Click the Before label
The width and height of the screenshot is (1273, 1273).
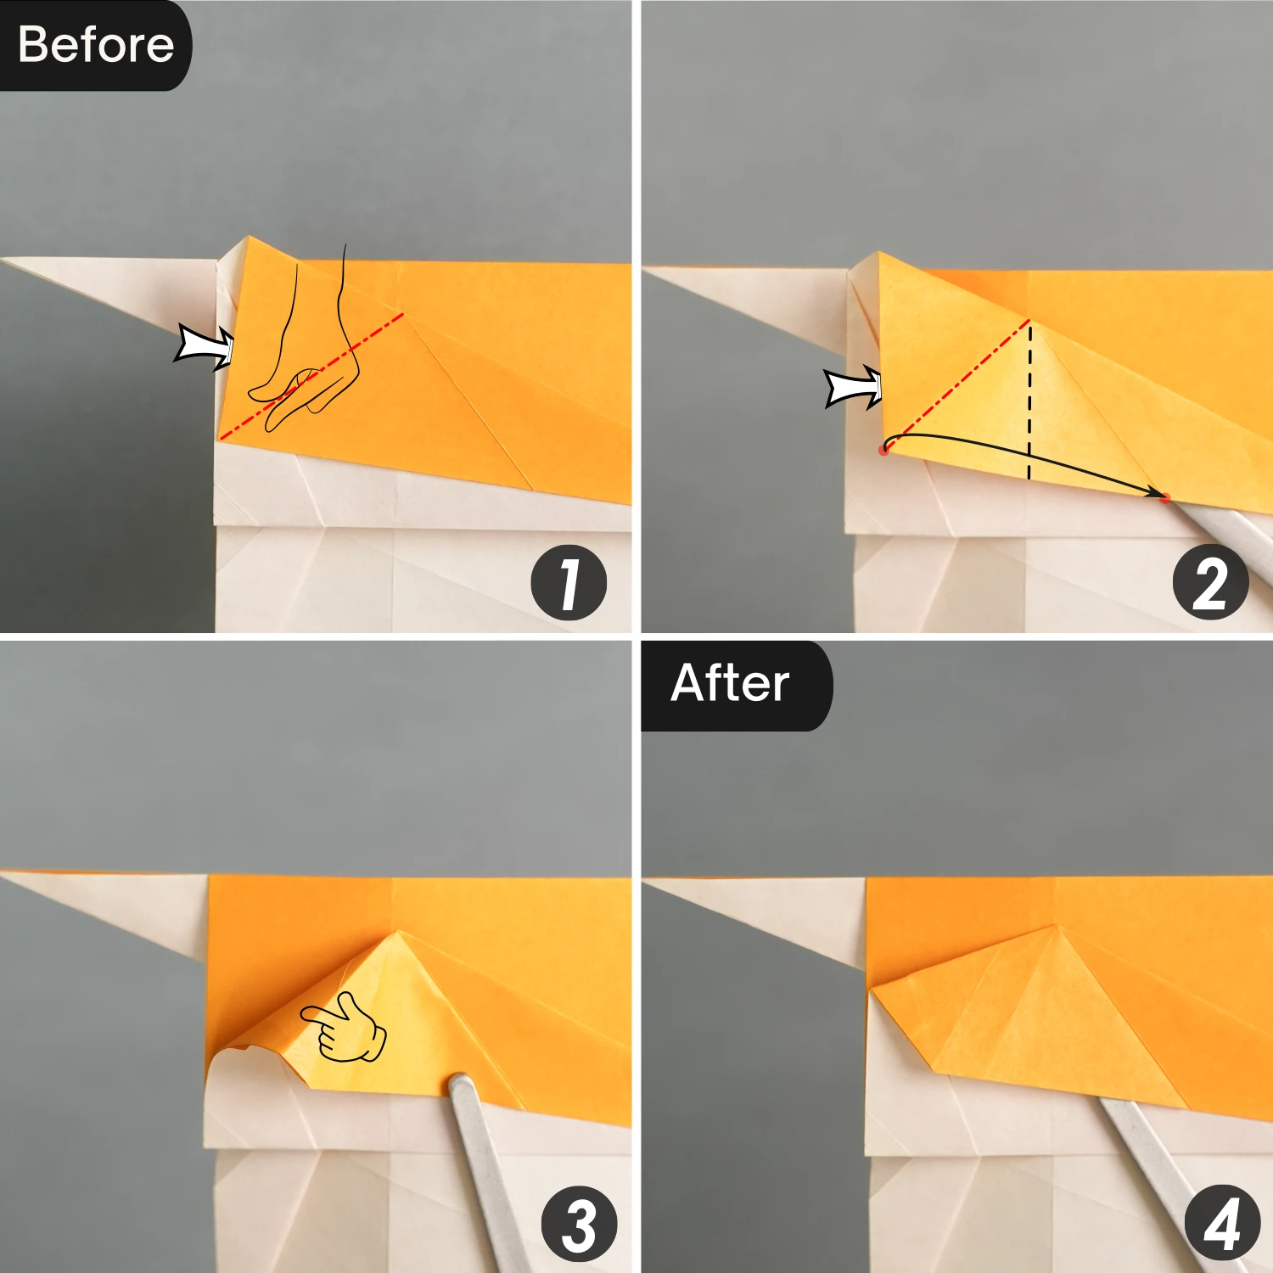(95, 45)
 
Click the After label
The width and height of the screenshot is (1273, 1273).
(731, 684)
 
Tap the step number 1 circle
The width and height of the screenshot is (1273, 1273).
(569, 583)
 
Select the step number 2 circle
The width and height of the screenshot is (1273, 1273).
(1210, 583)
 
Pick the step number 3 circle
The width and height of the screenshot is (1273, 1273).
(580, 1225)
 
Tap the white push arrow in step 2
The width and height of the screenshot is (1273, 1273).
(854, 388)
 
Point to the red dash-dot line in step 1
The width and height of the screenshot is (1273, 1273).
(312, 376)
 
